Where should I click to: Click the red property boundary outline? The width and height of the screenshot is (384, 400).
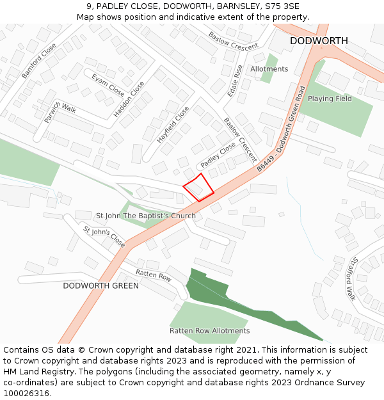(x=198, y=188)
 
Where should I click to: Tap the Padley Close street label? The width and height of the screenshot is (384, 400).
(x=218, y=156)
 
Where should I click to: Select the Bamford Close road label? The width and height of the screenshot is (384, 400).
(x=39, y=61)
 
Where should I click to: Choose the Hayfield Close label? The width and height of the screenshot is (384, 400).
(x=173, y=125)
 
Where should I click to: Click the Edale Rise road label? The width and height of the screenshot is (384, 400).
(x=235, y=81)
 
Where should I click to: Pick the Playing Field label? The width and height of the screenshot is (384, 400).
(x=330, y=99)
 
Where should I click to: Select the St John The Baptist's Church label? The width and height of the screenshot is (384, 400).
(x=146, y=216)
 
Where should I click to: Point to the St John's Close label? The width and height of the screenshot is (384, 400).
(x=104, y=236)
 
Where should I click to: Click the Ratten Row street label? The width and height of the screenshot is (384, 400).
(x=154, y=276)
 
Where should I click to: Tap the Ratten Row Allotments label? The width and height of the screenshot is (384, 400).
(x=209, y=331)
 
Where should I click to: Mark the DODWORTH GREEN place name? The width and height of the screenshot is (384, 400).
(x=100, y=285)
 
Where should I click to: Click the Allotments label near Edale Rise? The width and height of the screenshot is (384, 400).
(x=269, y=69)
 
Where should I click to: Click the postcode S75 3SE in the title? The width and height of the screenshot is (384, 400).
(x=276, y=6)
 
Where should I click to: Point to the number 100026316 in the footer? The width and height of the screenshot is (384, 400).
(x=26, y=393)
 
